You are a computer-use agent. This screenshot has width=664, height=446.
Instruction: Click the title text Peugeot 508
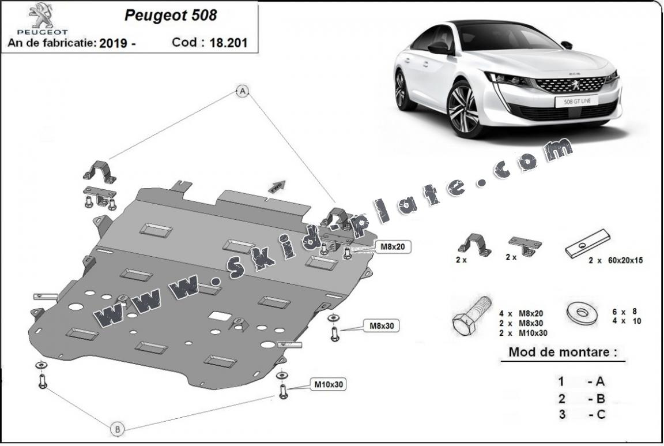[x=171, y=16]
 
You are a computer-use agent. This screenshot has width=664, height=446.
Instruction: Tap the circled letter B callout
[x=117, y=429]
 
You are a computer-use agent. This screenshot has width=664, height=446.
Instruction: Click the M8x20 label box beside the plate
[x=392, y=247]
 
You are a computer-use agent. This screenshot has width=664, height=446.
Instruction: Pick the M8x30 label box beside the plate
[x=382, y=326]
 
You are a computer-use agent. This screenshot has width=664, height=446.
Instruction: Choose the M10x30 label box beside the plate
[x=330, y=384]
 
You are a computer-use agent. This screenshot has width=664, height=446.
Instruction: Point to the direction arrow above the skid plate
[x=277, y=186]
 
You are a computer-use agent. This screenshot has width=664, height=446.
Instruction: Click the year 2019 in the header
[x=114, y=43]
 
